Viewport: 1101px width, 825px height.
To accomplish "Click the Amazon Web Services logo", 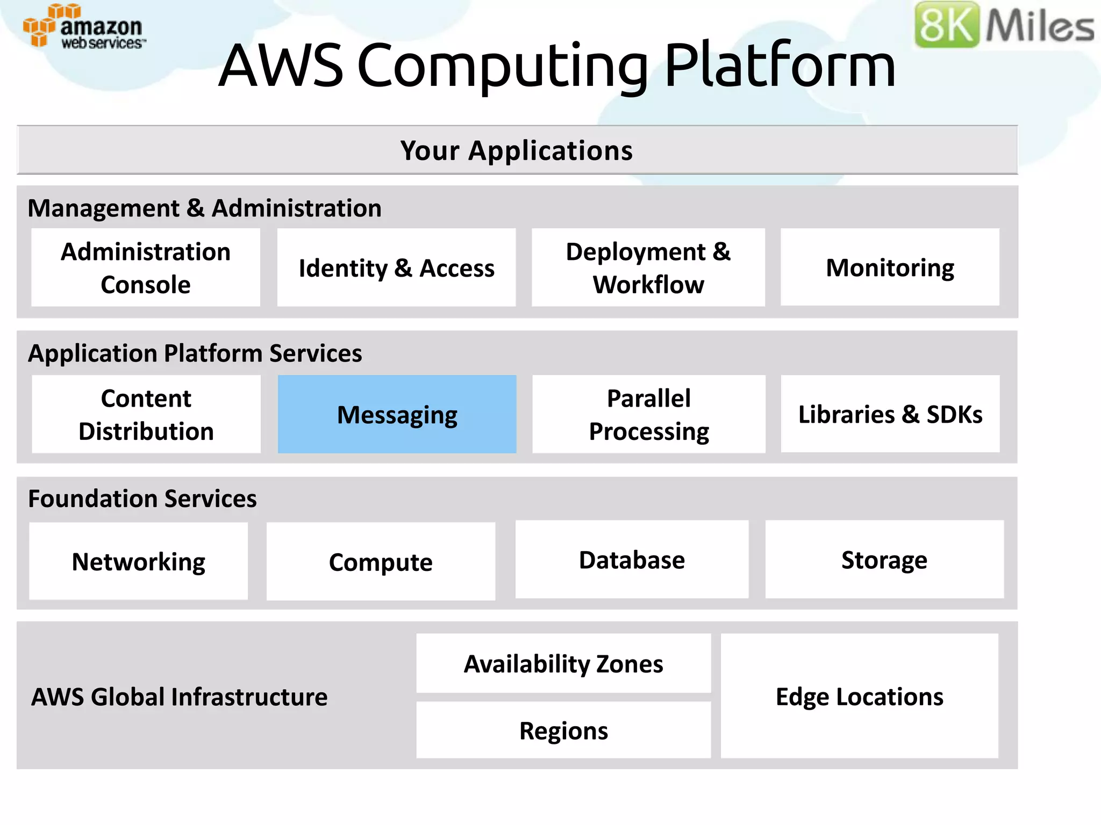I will pos(83,27).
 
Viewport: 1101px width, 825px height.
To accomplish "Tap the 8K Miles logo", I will pos(1004,25).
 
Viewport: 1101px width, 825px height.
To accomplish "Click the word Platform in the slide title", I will pos(780,66).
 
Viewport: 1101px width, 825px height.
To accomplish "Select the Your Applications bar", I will pos(517,150).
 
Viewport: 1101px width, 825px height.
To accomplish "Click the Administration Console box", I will pos(146,267).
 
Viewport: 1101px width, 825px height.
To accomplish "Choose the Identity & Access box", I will pos(396,267).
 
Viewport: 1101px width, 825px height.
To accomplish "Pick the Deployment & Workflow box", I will pos(648,267).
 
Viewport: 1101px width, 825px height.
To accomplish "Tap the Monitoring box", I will pos(890,267).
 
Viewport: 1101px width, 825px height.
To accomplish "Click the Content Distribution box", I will pos(146,414).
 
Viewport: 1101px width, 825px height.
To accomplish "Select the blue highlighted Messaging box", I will pos(397,414).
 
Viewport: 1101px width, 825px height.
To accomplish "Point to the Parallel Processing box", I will pos(648,414).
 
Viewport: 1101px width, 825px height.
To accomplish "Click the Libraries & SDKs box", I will pos(890,414).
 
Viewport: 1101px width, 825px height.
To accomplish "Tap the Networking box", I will pos(138,561).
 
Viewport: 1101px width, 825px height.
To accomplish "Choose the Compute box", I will pos(381,561).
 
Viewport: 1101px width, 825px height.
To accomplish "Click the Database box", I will pos(632,560).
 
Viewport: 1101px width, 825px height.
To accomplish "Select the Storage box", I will pos(884,560).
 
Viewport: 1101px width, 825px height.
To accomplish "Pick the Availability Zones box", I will pos(563,664).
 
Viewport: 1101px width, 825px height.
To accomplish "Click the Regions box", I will pos(563,730).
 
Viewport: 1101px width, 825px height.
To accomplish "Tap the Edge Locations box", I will pos(859,696).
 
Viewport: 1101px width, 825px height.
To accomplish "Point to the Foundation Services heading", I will pos(142,498).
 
